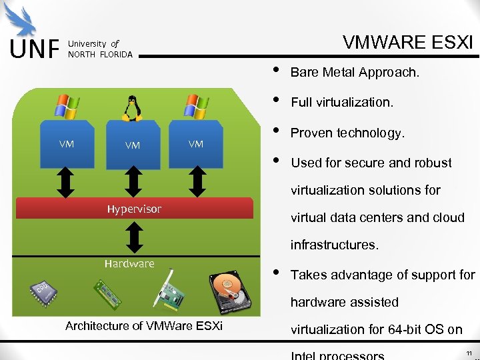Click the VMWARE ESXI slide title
click(x=407, y=43)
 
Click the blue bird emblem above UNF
click(x=25, y=20)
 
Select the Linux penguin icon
click(x=132, y=108)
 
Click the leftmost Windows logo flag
click(x=67, y=107)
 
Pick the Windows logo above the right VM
click(x=196, y=107)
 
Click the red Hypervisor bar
click(x=134, y=209)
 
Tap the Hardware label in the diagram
click(x=129, y=263)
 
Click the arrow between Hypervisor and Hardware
click(x=134, y=237)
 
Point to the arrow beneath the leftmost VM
click(x=67, y=181)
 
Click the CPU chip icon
click(x=43, y=291)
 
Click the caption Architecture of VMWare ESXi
click(x=144, y=326)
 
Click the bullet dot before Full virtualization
click(x=276, y=102)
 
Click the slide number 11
click(x=469, y=352)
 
